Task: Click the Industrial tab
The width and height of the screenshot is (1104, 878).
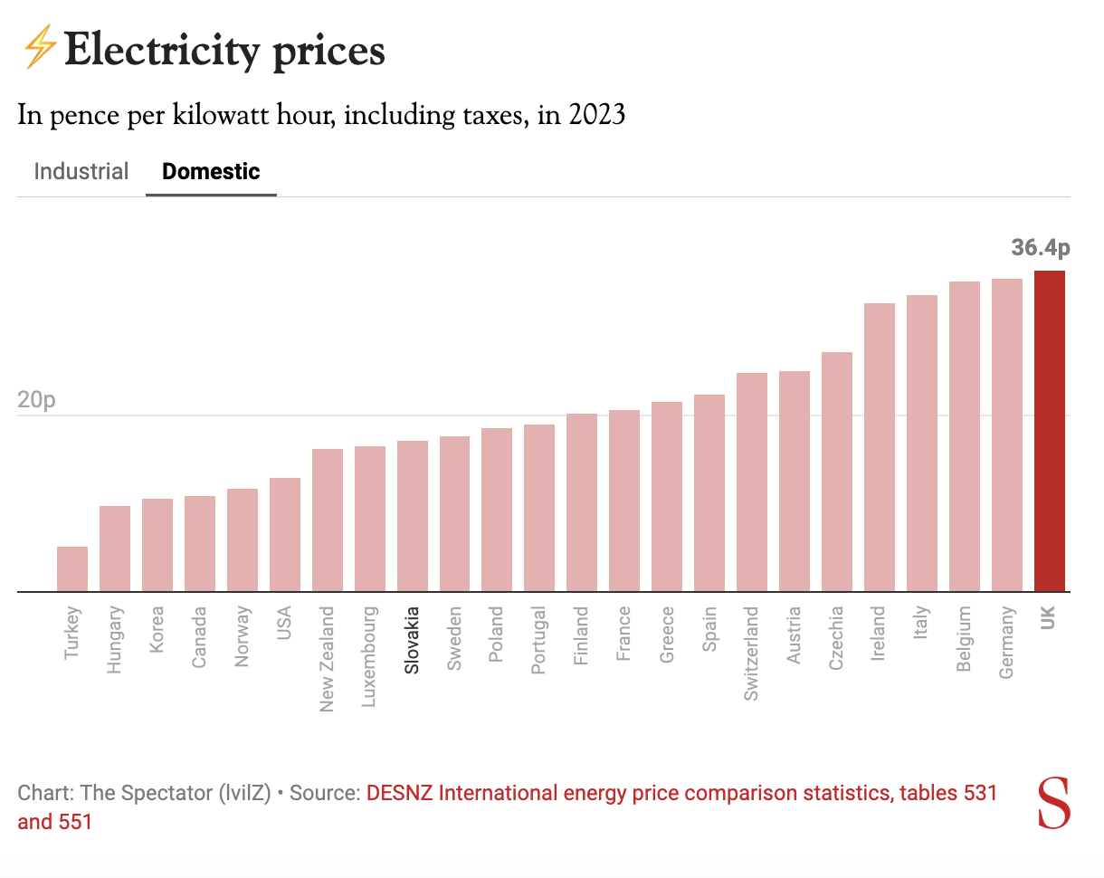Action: [x=81, y=171]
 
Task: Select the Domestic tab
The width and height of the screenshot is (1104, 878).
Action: [x=211, y=171]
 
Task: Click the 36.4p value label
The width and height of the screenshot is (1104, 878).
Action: [x=1041, y=248]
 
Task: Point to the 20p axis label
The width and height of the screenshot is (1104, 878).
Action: [x=36, y=399]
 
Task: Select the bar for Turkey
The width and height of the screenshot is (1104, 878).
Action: [x=72, y=569]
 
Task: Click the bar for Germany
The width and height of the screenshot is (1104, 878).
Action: [x=1007, y=435]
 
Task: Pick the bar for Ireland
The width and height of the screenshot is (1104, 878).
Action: [x=880, y=447]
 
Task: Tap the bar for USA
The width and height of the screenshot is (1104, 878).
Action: [x=285, y=535]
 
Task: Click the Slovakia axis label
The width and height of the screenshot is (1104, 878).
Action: [x=413, y=640]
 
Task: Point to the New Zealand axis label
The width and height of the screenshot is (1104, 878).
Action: [x=328, y=658]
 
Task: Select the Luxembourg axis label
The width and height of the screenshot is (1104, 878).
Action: [x=370, y=656]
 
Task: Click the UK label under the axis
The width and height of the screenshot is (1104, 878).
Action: [x=1049, y=619]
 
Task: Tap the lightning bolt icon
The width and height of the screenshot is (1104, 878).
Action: [x=38, y=48]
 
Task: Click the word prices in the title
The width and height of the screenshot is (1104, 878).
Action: [x=328, y=51]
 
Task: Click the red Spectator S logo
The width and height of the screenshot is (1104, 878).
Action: [x=1053, y=802]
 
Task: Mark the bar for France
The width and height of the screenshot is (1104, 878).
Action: [x=624, y=501]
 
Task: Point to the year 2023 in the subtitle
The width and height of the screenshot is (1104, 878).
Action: [x=597, y=116]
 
